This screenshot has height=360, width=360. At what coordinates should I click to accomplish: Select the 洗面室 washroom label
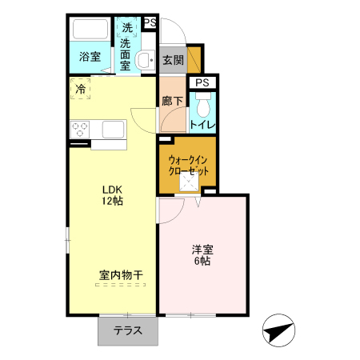[x=126, y=55]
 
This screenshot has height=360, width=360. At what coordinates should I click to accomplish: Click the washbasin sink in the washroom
[x=146, y=59]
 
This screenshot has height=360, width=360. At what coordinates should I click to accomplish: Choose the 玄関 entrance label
[x=173, y=59]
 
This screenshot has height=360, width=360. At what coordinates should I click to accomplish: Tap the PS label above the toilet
[x=201, y=82]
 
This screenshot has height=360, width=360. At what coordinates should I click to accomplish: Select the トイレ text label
[x=202, y=124]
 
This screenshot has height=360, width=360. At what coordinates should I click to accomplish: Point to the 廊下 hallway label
[x=172, y=102]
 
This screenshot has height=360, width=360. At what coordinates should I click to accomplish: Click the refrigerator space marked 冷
[x=80, y=90]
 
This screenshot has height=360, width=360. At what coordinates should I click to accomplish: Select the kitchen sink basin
[x=112, y=130]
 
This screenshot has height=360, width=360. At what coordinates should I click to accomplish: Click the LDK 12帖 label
[x=112, y=196]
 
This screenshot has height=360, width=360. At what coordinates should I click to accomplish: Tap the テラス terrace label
[x=128, y=330]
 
